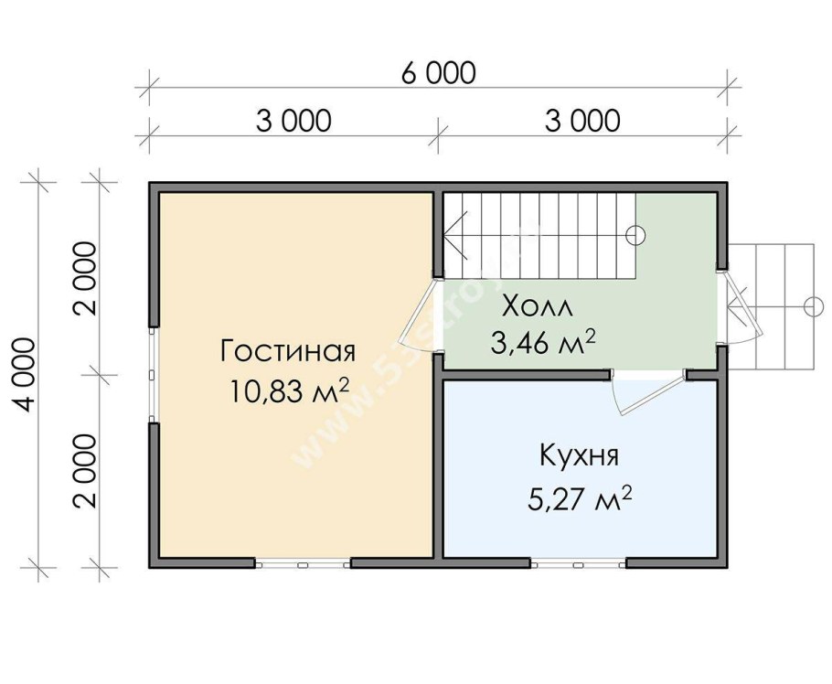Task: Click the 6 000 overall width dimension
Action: click(x=436, y=73)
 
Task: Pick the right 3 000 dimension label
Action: click(x=581, y=121)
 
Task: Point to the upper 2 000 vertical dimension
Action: click(x=85, y=278)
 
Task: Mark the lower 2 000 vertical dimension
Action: click(x=85, y=470)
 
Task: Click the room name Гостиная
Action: click(x=287, y=351)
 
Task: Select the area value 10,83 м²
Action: click(x=291, y=390)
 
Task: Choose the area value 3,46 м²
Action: click(x=544, y=343)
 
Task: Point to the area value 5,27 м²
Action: click(x=581, y=499)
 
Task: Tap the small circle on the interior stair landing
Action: click(x=635, y=235)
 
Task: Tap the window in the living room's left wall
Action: click(x=155, y=375)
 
